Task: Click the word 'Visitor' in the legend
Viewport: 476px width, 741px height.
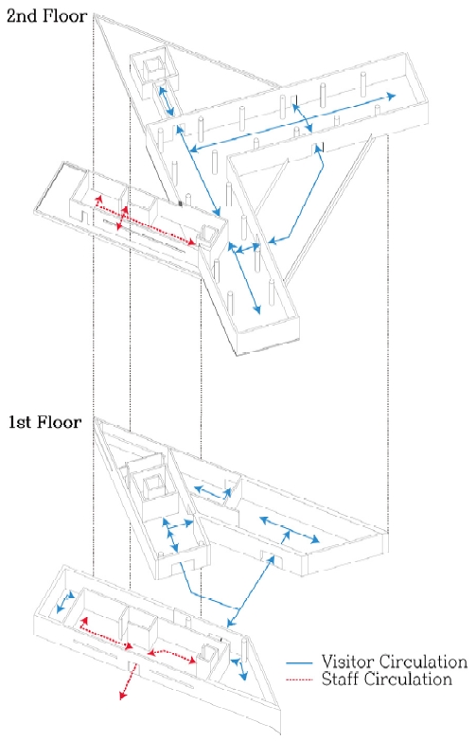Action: (349, 662)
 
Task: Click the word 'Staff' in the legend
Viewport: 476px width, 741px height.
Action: (342, 679)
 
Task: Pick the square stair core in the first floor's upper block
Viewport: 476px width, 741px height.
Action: (151, 486)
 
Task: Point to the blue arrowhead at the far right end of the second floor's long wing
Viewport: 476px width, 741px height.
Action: (392, 96)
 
